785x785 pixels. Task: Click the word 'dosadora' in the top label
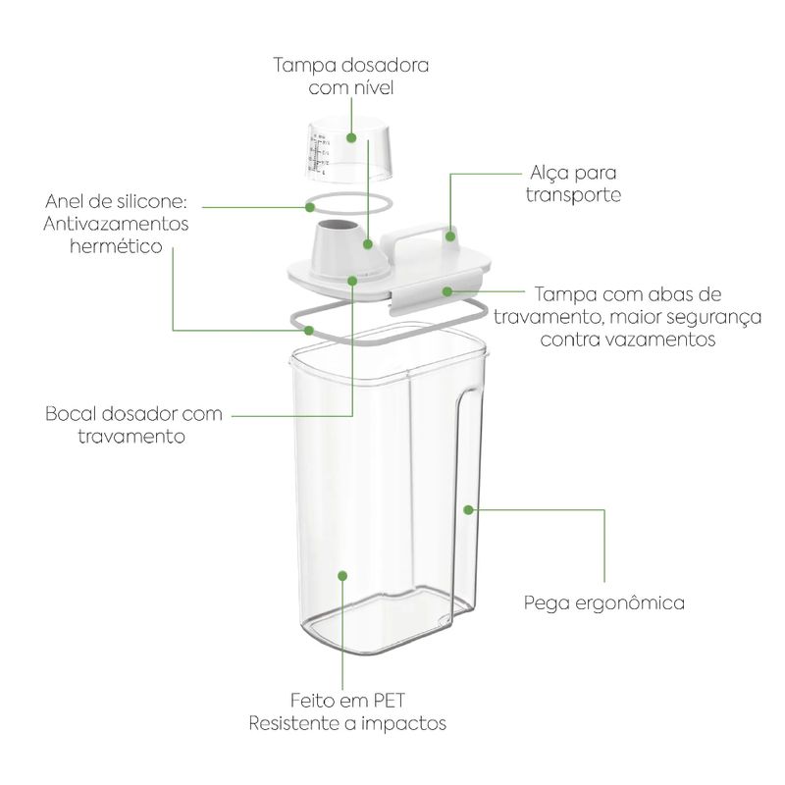point(385,66)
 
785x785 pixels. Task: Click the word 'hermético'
point(116,246)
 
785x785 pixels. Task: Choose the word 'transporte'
point(573,195)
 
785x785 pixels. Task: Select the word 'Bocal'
point(70,414)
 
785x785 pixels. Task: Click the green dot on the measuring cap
point(351,137)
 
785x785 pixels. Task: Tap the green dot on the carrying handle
point(450,235)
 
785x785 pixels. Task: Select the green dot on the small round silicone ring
point(310,206)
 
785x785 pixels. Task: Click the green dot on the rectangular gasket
point(309,331)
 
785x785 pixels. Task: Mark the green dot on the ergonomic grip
point(468,510)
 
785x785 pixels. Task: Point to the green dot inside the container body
point(342,576)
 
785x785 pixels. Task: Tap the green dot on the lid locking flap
point(447,290)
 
